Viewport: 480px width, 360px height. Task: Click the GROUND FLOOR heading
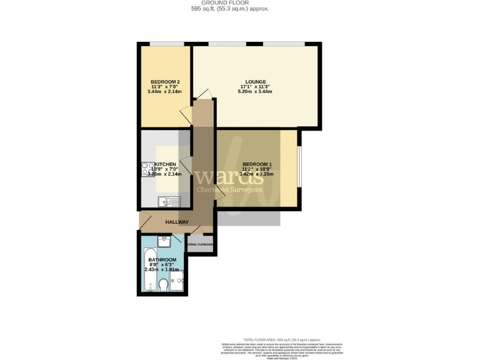tap(240, 3)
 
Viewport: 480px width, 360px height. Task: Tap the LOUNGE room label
tap(256, 82)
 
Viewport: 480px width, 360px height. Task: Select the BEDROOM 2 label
tap(165, 82)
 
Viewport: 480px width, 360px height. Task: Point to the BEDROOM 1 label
tap(257, 164)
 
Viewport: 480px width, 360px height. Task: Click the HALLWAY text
tap(177, 222)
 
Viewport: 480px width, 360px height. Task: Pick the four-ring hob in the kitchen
tap(149, 169)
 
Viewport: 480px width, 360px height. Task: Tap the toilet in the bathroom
tap(163, 284)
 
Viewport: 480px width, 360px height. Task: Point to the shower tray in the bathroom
tap(177, 281)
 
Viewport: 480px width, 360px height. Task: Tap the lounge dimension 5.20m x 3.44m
tap(256, 92)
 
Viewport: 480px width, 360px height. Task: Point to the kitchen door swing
tap(186, 165)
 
